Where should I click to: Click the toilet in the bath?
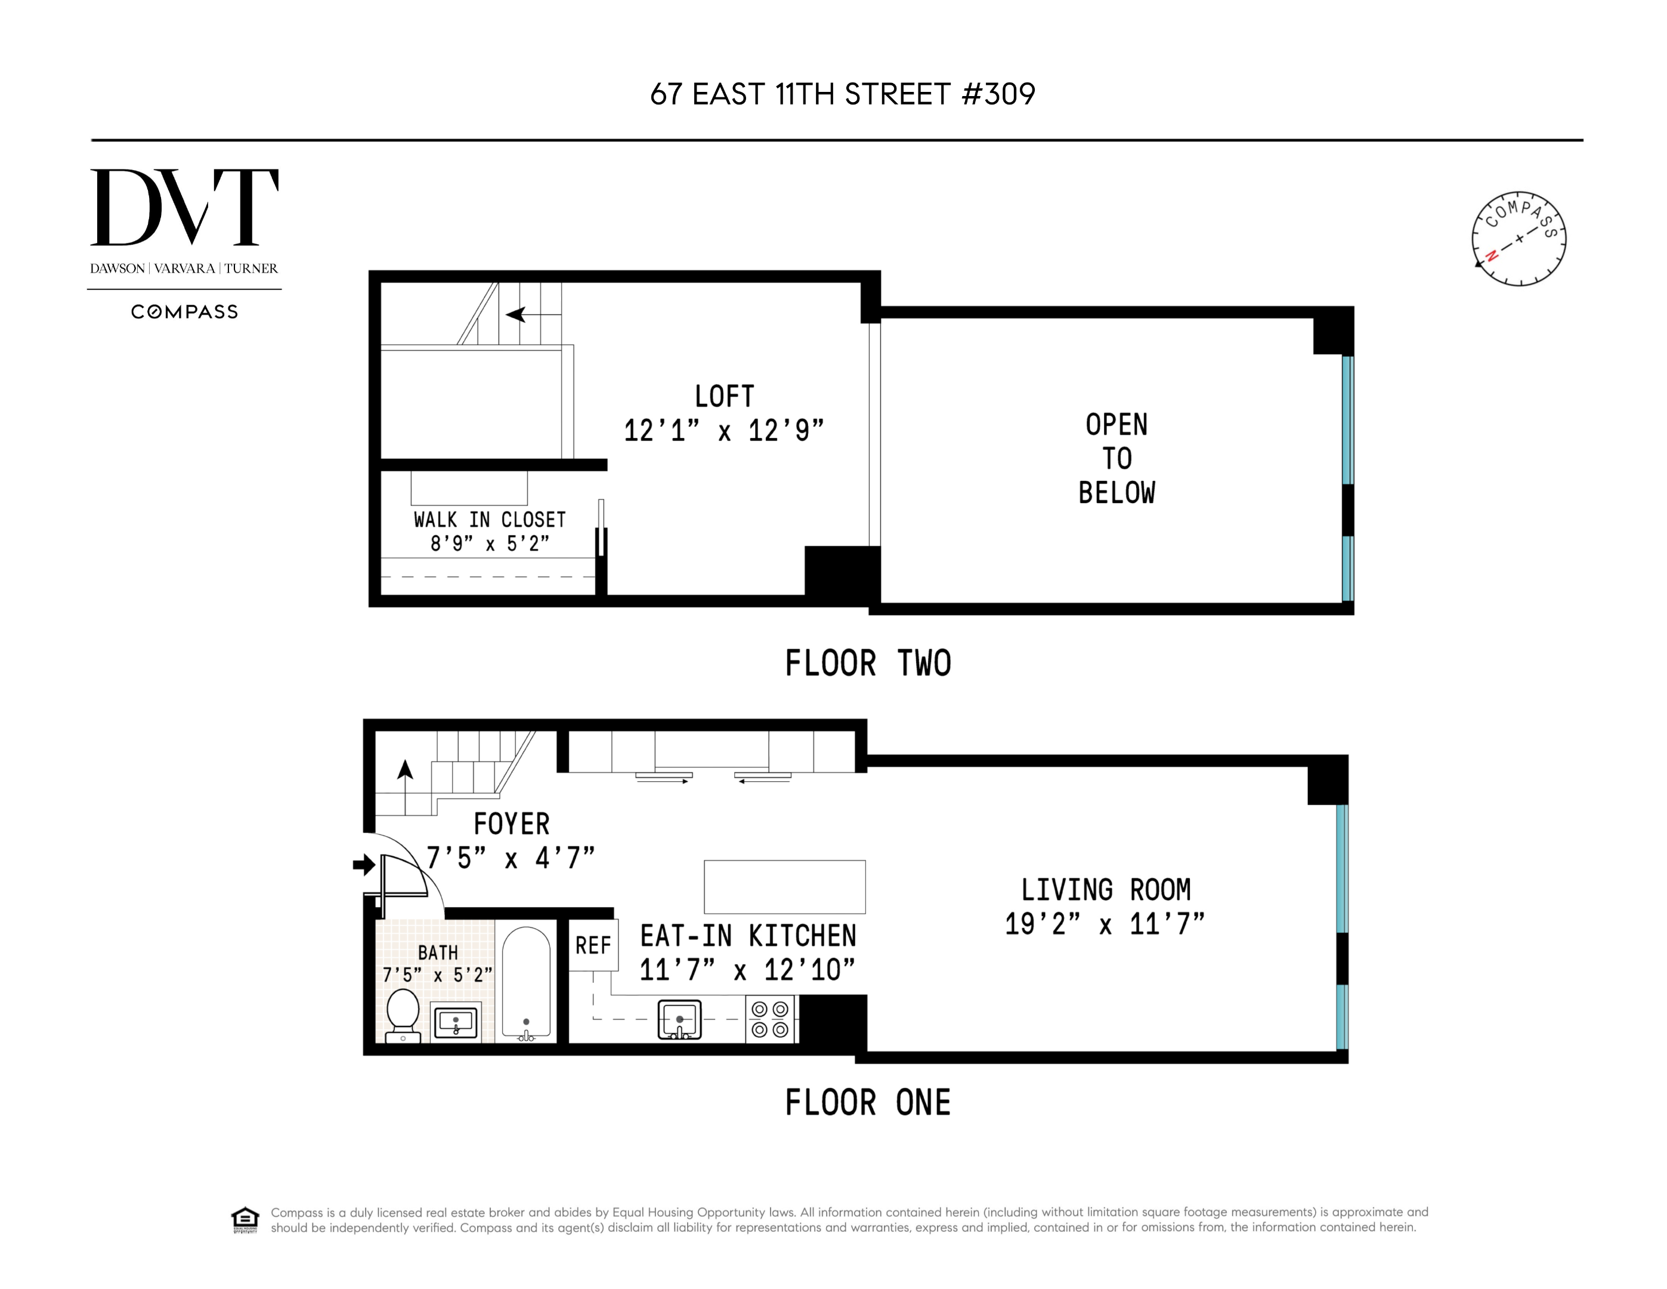coord(402,1014)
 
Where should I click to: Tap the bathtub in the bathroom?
coord(526,983)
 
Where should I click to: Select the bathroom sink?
coord(456,1022)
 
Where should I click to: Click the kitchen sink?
coord(679,1019)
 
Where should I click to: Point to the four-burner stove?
coord(769,1019)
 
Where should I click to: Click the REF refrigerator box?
coord(593,945)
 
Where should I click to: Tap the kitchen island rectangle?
coord(784,887)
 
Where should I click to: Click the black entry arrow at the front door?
coord(363,865)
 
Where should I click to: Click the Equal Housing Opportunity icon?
coord(245,1220)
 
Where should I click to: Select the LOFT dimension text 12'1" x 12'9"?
coord(723,431)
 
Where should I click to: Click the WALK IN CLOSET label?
coord(489,520)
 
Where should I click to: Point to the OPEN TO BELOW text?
coord(1116,458)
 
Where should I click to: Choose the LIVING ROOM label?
coord(1105,890)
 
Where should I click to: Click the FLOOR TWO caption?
coord(868,663)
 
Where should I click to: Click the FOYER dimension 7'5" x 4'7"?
coord(510,858)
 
